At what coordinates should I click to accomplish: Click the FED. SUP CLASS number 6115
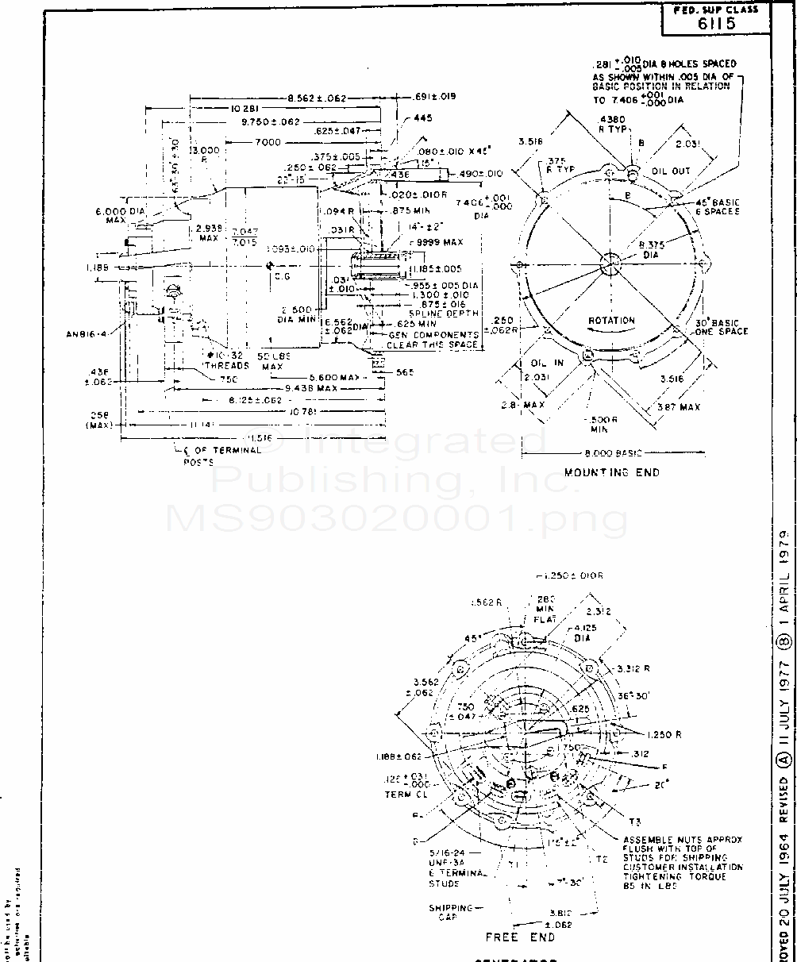coord(716,23)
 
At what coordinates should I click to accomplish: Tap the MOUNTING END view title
coord(611,472)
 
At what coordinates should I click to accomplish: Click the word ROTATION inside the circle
coord(611,321)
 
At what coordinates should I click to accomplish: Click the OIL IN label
coord(547,363)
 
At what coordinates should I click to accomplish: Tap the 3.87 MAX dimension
coord(679,407)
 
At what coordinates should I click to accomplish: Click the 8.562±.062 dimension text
coord(317,98)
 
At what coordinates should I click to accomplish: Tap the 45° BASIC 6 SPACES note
coord(707,207)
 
